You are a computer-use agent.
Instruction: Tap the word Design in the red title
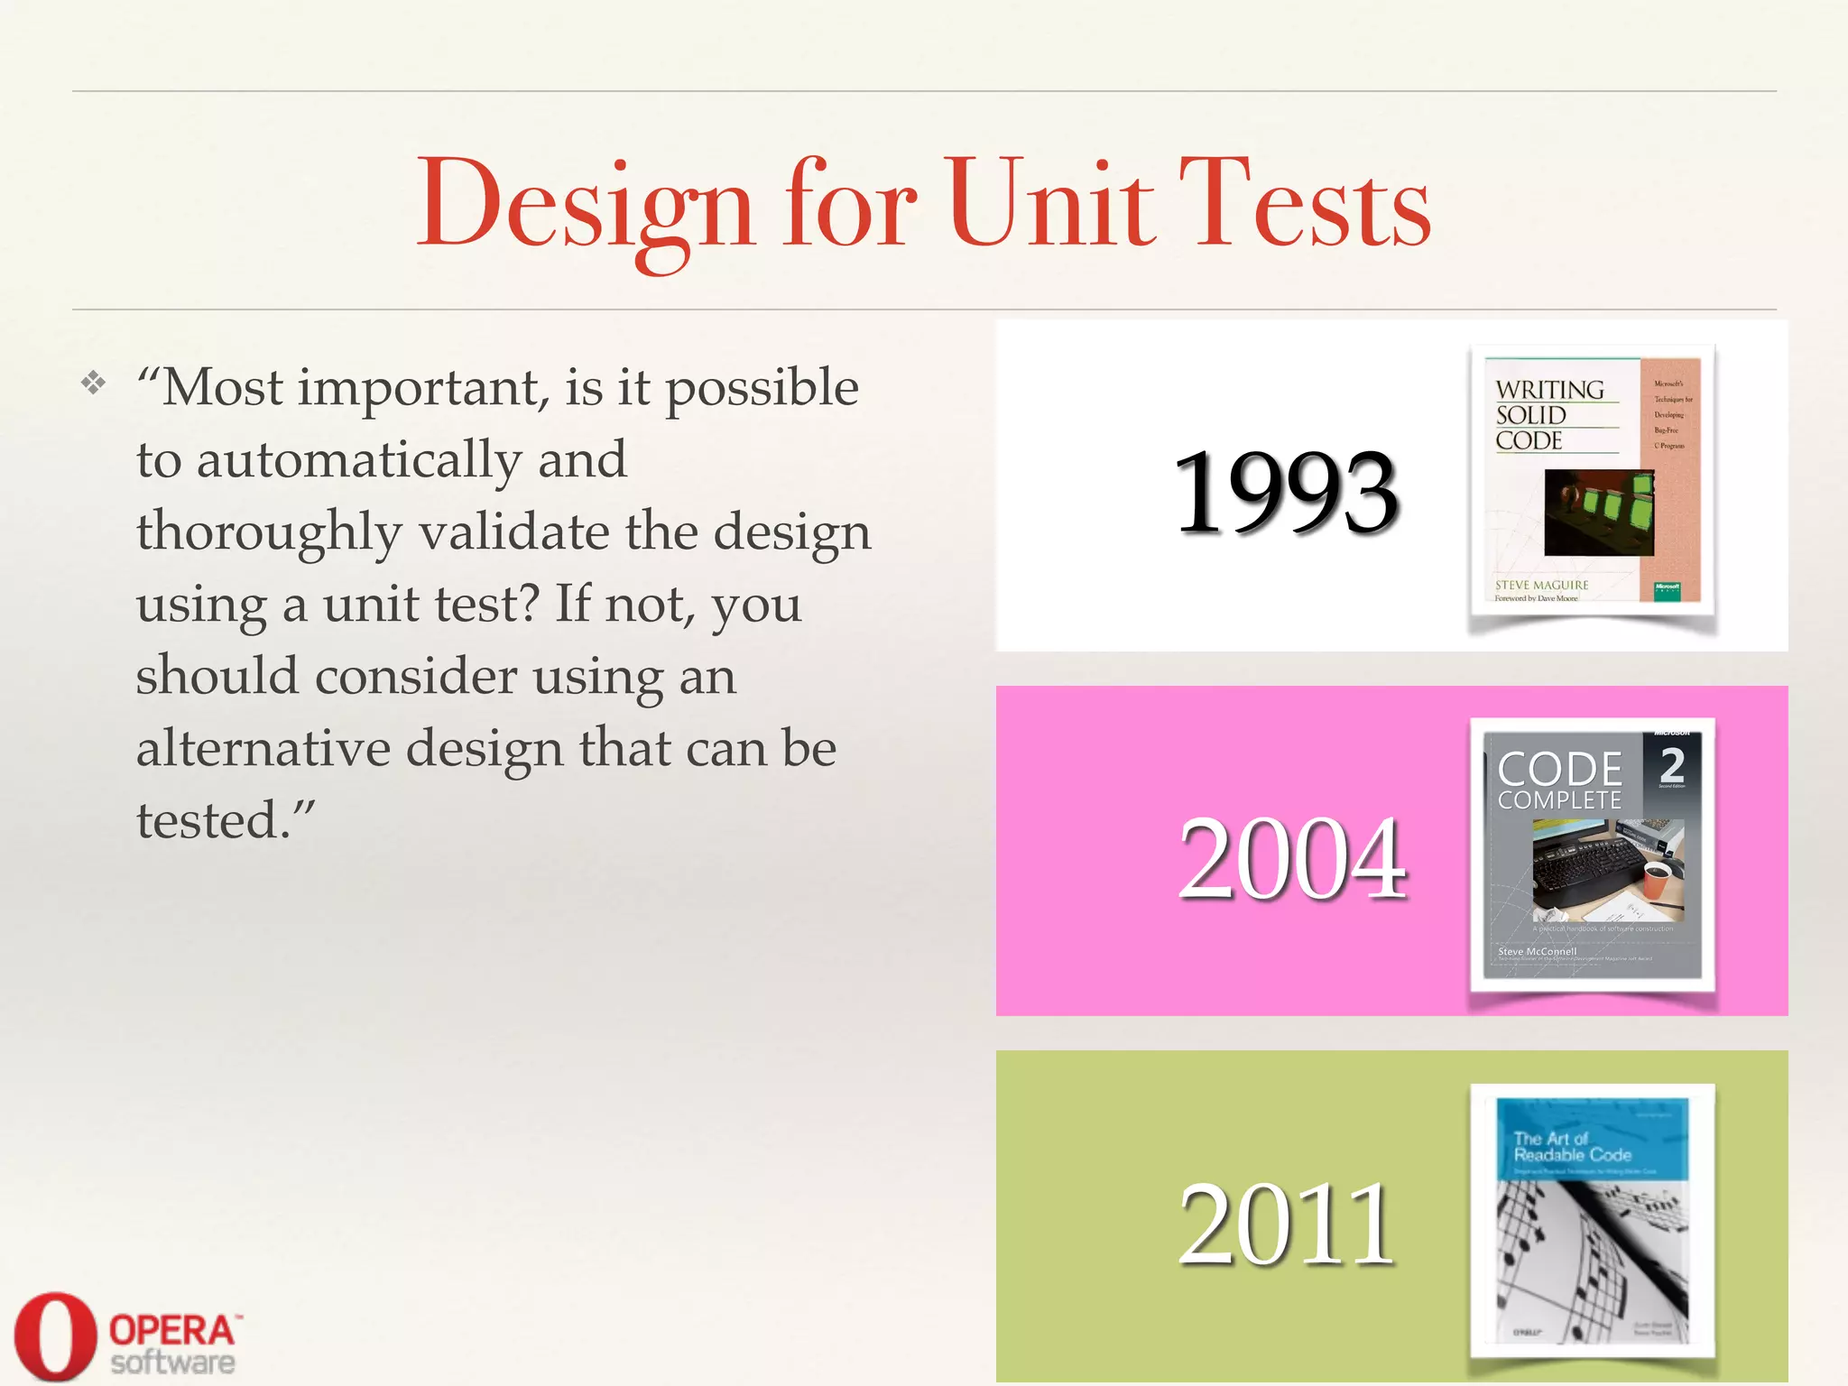coord(585,206)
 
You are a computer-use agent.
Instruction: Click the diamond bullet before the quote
coord(93,383)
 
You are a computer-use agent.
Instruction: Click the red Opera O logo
coord(54,1335)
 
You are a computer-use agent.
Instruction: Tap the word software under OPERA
coord(172,1363)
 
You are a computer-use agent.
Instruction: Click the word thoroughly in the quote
coord(269,532)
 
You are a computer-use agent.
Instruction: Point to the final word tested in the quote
coord(212,821)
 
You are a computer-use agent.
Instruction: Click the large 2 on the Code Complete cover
coord(1672,765)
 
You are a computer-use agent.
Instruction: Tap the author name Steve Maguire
coord(1541,585)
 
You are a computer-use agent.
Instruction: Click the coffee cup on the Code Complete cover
coord(1657,881)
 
